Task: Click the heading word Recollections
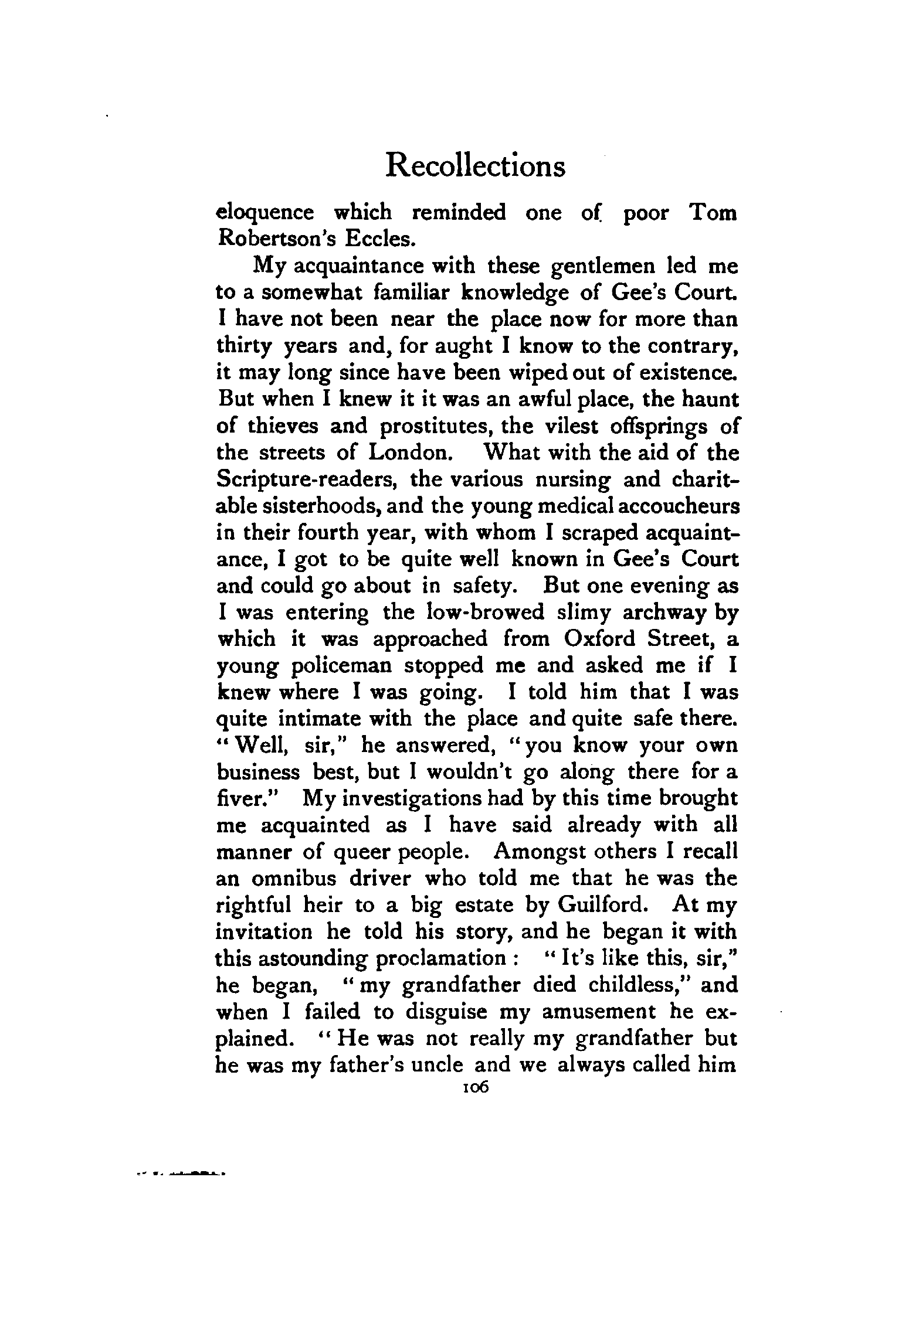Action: coord(476,166)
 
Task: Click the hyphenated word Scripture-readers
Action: coord(308,480)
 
